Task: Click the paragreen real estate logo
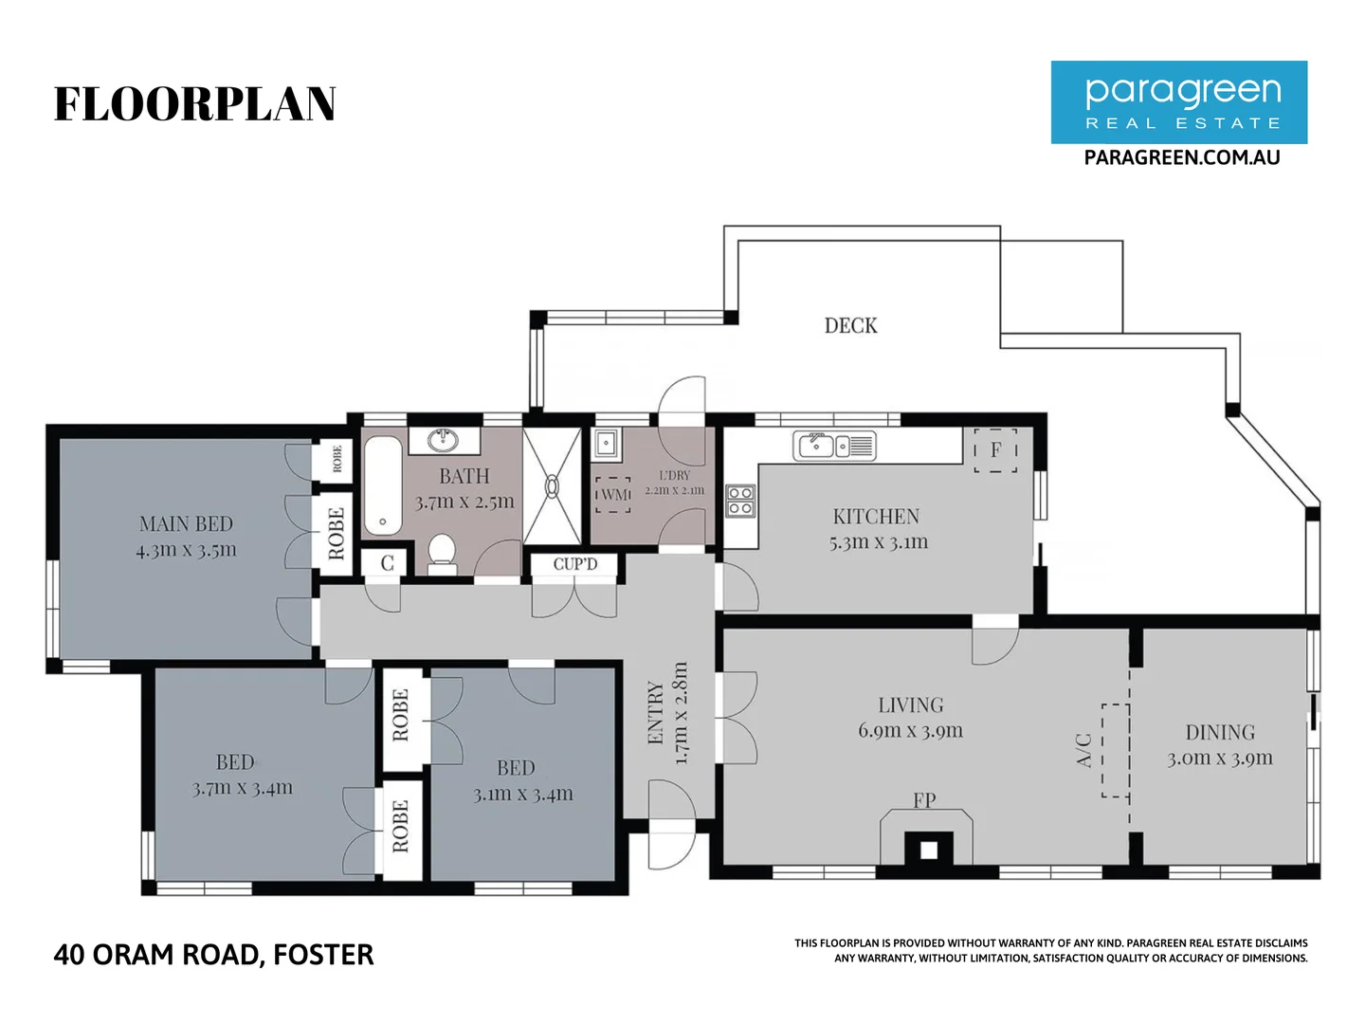coord(1178,102)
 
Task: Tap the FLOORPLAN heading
coord(194,104)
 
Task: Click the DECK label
coord(850,325)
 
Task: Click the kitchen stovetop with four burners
coord(740,501)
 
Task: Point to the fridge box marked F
coord(995,449)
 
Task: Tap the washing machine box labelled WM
coord(613,494)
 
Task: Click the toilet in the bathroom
coord(442,554)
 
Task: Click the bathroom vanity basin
coord(443,441)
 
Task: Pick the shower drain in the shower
coord(552,485)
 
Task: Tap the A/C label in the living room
coord(1085,749)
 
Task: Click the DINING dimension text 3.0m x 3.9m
coord(1219,758)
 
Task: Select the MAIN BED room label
coord(186,523)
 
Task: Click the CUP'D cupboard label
coord(575,564)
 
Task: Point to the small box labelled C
coord(387,563)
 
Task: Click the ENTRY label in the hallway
coord(655,712)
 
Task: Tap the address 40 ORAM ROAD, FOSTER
coord(213,954)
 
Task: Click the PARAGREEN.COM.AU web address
coord(1181,157)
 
